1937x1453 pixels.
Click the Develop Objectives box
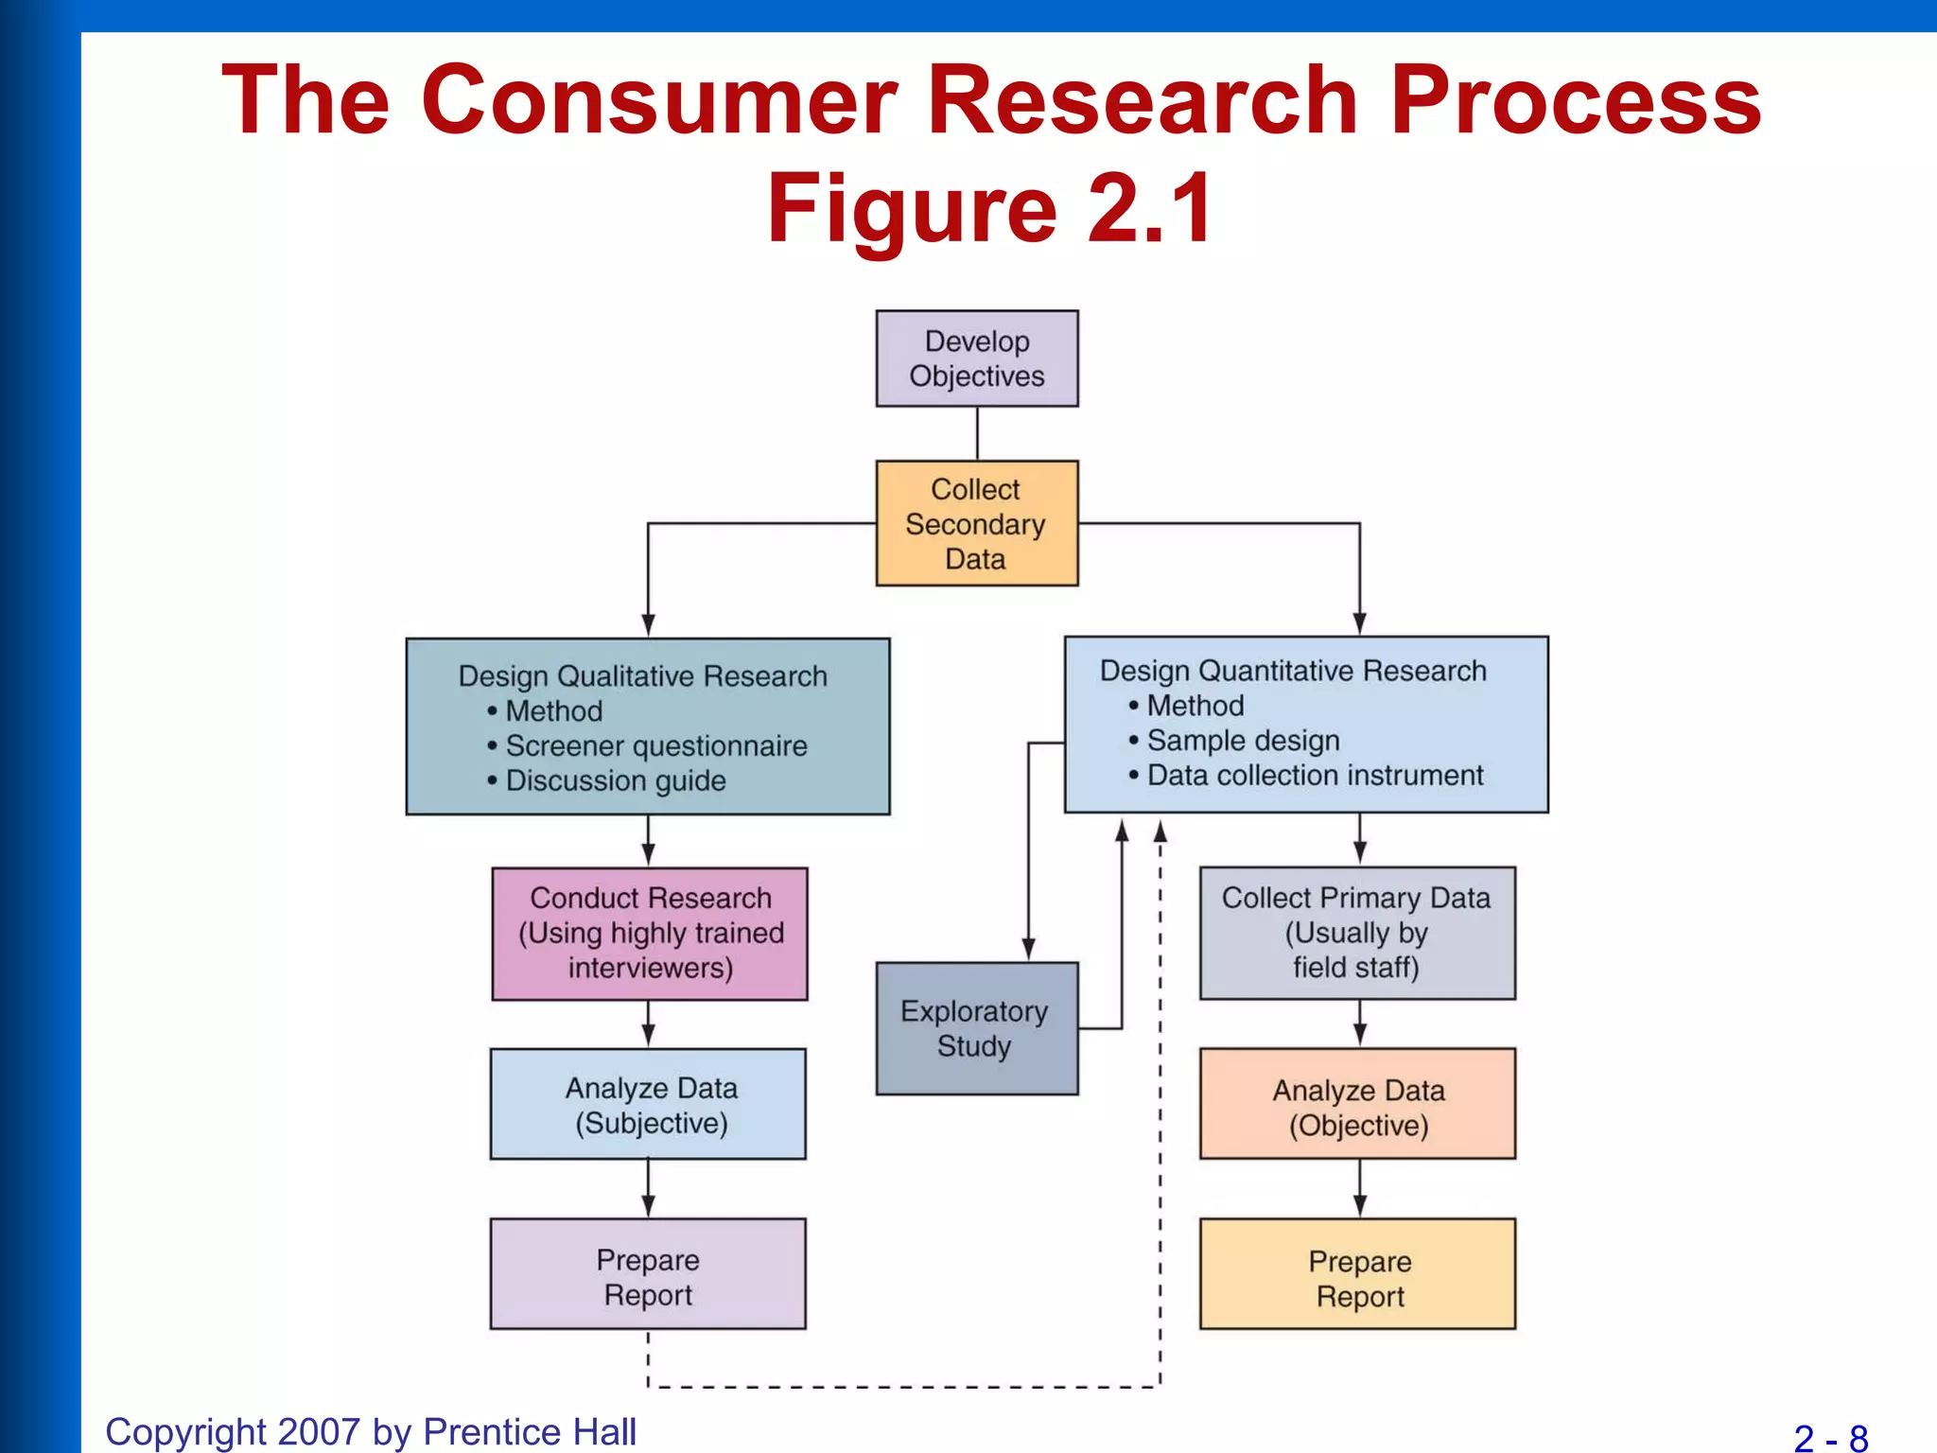pos(976,359)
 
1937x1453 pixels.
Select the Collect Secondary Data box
pos(976,523)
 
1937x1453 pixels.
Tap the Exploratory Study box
pos(976,1028)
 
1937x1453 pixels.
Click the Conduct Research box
pos(650,933)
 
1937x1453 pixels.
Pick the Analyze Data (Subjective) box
pos(649,1104)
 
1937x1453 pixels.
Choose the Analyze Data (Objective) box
pos(1357,1105)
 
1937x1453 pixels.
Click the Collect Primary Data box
pos(1357,933)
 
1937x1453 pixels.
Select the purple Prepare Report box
pos(648,1274)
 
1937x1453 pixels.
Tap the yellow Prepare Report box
pos(1357,1275)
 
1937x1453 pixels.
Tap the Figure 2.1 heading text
pos(989,208)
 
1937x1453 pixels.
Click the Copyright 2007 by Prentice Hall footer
pos(370,1431)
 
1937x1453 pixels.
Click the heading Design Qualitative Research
pos(642,675)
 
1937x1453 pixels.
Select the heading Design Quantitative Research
pos(1292,670)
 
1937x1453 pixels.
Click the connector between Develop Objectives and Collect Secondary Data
pos(977,433)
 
